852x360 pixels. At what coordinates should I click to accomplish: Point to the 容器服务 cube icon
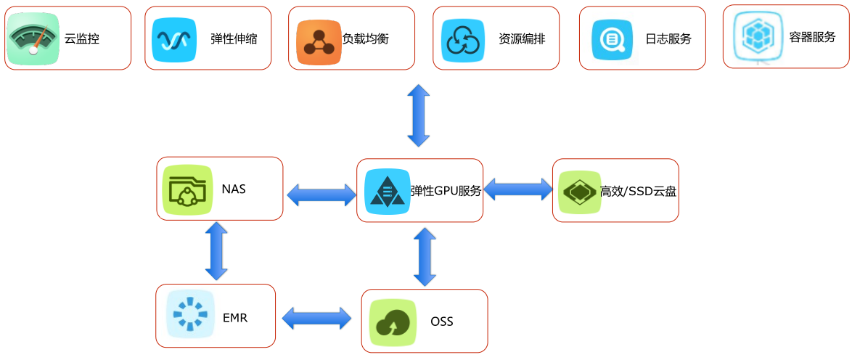click(x=756, y=36)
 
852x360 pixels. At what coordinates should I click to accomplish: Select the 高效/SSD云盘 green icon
click(x=578, y=191)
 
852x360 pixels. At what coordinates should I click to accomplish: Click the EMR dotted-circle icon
click(x=187, y=314)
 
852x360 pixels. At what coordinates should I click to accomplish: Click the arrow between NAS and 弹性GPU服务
click(x=321, y=195)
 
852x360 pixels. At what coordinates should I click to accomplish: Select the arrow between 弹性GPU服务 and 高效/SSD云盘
click(x=518, y=189)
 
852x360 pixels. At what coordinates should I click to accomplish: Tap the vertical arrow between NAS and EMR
click(x=216, y=252)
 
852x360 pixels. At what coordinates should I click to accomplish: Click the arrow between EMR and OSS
click(x=317, y=318)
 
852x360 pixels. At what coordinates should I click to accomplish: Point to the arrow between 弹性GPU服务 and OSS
click(x=425, y=257)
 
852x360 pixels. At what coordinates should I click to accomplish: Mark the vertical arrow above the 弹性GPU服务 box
click(x=419, y=115)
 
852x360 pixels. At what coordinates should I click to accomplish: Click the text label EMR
click(x=235, y=318)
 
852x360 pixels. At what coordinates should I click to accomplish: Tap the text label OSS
click(x=442, y=322)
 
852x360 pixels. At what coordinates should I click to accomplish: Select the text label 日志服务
click(x=668, y=39)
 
